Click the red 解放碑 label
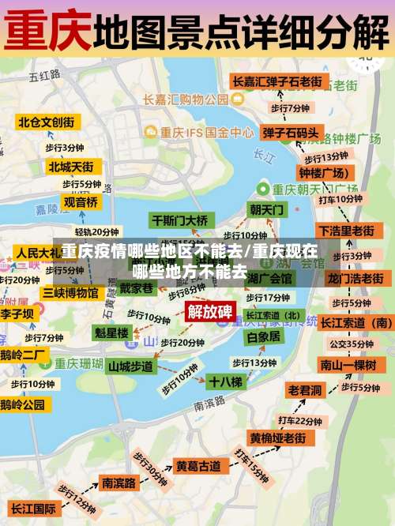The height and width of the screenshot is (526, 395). pos(210,310)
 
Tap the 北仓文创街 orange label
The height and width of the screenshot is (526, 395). pos(47,122)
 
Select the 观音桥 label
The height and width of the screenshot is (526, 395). pos(81,202)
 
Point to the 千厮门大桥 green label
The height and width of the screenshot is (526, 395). pos(180,220)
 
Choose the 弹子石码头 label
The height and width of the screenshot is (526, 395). pos(291,132)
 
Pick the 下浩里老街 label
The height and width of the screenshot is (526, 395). pos(346,231)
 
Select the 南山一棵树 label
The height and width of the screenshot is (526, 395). pos(348,364)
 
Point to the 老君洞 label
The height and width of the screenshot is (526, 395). pos(305,390)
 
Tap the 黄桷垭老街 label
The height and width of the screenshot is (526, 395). pos(277,438)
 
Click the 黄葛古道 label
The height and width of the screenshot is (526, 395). pos(197,466)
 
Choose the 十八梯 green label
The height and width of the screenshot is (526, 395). pos(225,381)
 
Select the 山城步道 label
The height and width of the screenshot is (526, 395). pos(130,366)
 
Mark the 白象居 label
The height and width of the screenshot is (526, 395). pos(263,336)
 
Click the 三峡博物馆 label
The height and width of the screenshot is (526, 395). pos(70,292)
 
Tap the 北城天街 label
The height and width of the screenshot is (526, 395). pos(70,167)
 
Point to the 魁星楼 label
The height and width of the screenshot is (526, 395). pos(111,333)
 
